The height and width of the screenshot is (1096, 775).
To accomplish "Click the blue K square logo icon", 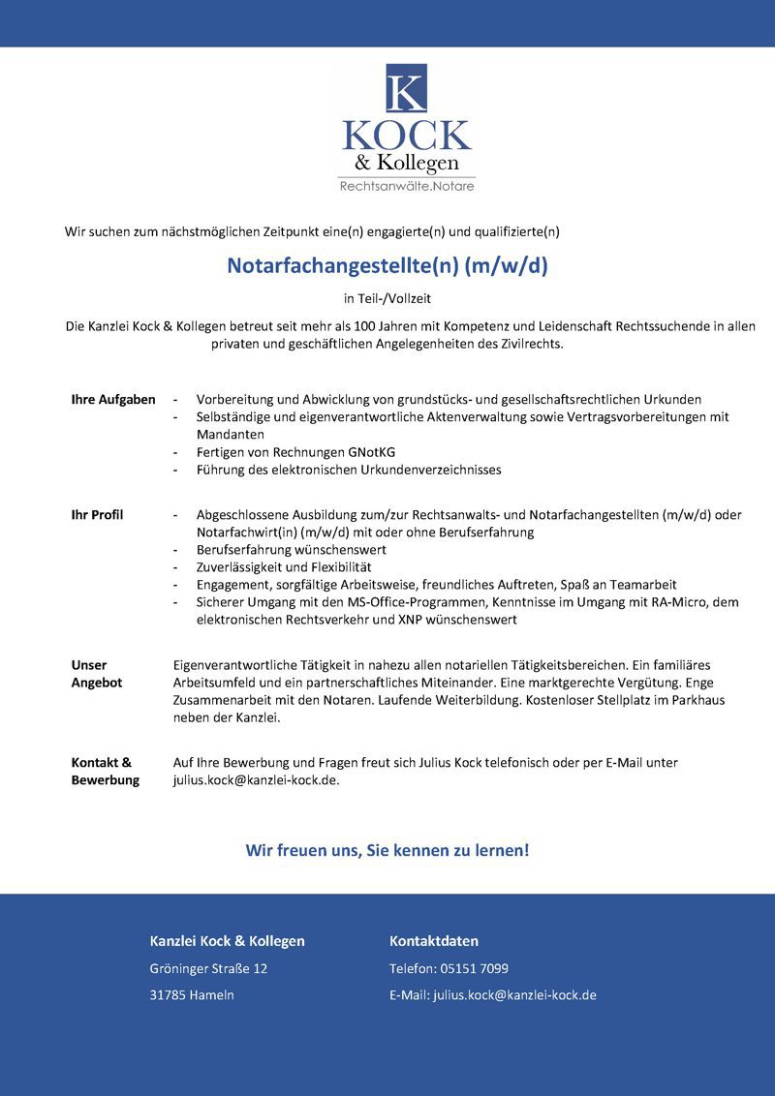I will (x=406, y=88).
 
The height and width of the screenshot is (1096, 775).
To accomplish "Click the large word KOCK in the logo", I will (x=406, y=136).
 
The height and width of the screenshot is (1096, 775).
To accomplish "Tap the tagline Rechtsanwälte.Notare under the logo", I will (x=406, y=186).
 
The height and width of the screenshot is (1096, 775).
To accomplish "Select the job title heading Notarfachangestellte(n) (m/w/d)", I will (x=387, y=265).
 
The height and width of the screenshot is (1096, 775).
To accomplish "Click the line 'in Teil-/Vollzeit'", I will (x=387, y=299).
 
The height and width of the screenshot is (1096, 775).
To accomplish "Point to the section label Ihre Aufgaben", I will (x=113, y=399).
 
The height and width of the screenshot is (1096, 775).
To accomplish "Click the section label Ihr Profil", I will (x=97, y=514).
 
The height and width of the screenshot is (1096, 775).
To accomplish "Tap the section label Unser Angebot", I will (x=97, y=674).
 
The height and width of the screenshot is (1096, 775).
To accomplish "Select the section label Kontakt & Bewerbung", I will (x=105, y=771).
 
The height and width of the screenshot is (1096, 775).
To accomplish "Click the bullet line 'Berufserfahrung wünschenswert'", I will (x=291, y=549).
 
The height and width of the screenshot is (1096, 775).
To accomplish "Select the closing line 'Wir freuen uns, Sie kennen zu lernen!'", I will (x=387, y=850).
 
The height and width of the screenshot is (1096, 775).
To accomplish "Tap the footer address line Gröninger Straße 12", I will (x=208, y=968).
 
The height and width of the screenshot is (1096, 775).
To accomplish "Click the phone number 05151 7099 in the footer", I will (x=475, y=968).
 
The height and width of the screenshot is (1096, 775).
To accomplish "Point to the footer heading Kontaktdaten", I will (x=434, y=941).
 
